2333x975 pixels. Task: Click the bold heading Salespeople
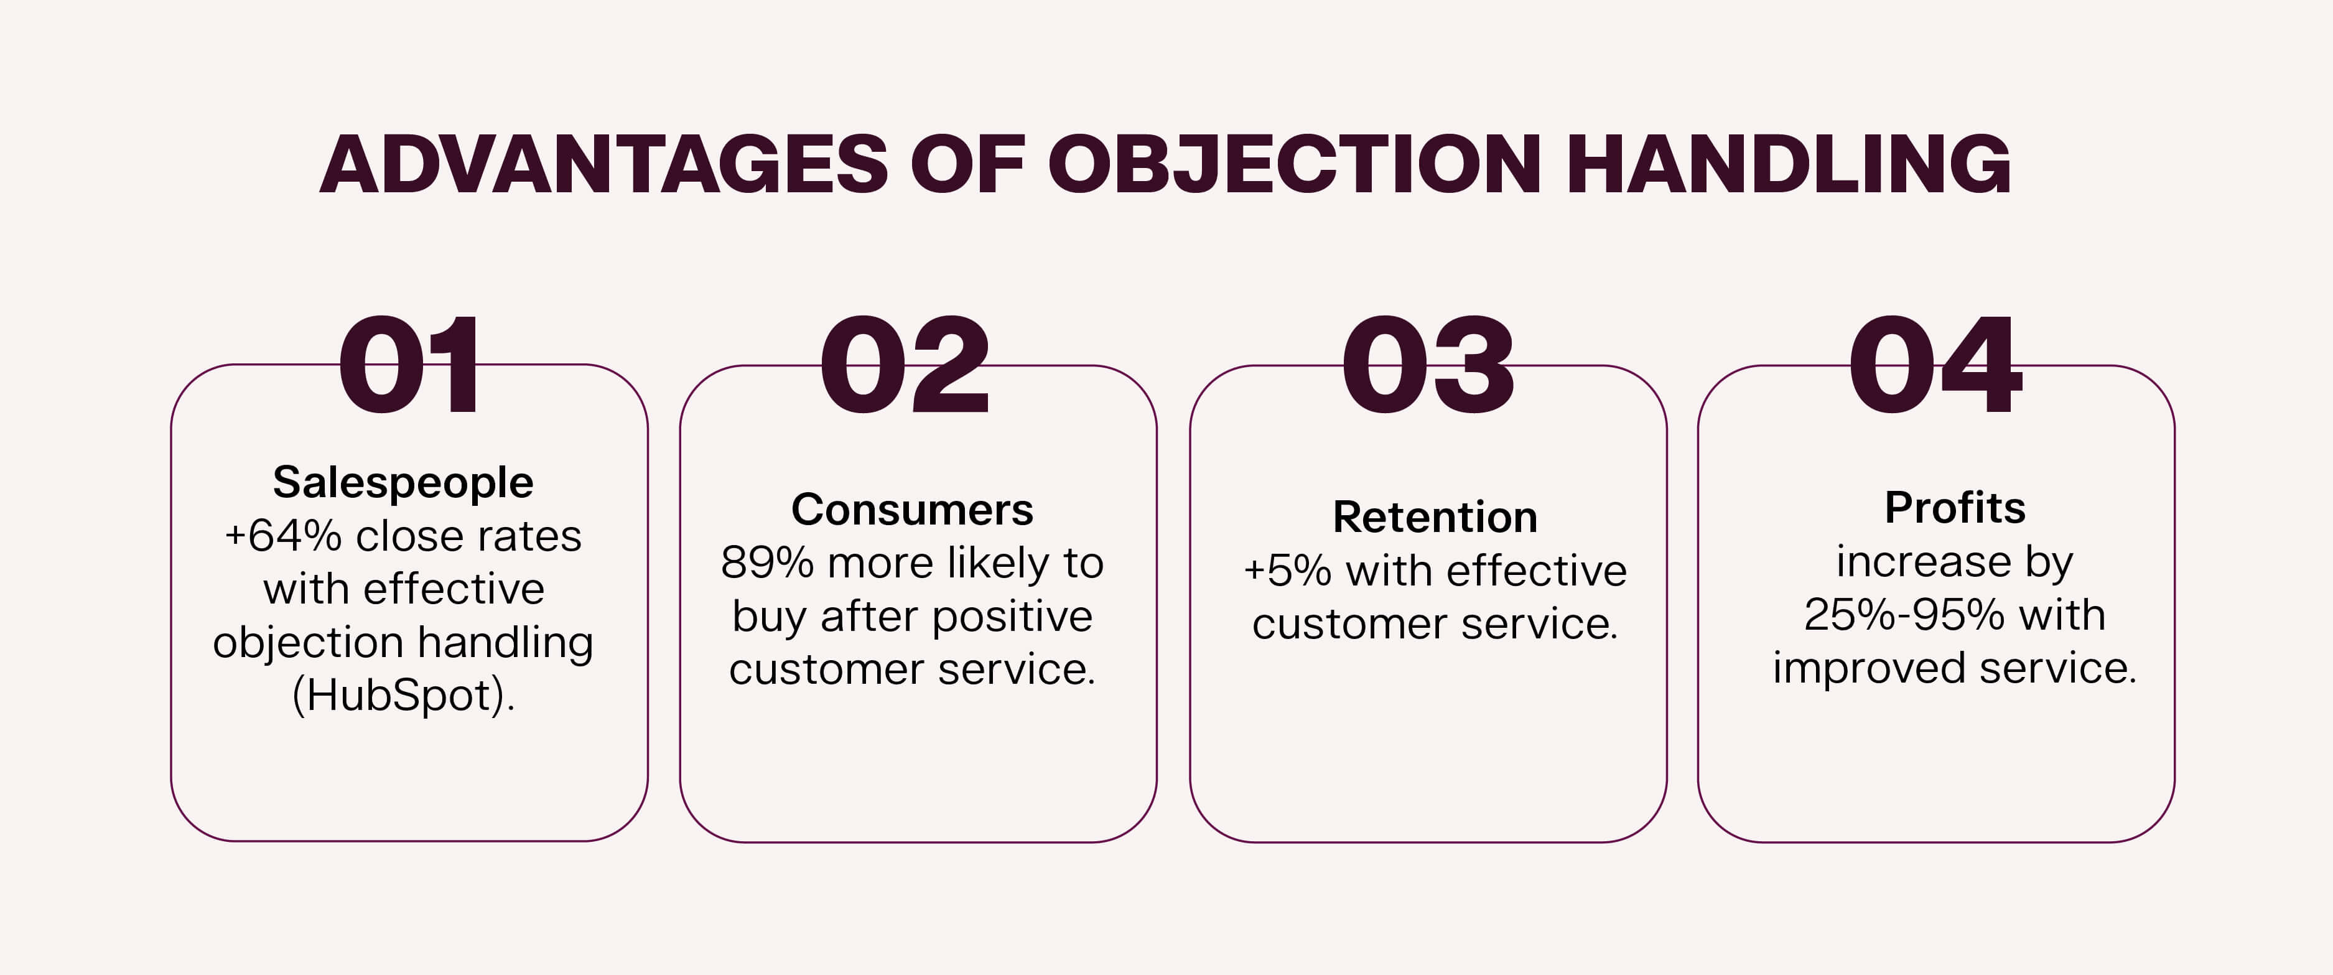click(x=403, y=482)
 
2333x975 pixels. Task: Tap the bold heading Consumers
click(x=912, y=509)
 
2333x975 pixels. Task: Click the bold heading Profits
click(x=1954, y=508)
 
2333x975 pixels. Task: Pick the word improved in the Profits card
click(x=1870, y=669)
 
